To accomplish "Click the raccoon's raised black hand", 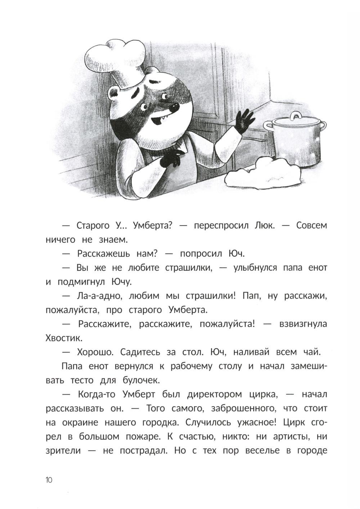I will pos(245,121).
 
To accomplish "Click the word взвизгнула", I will pos(303,324).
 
